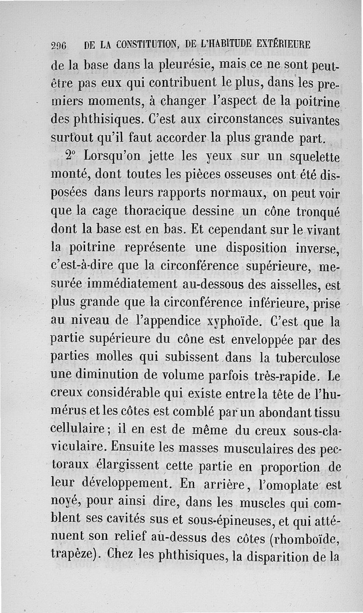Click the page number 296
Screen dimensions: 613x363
(59, 46)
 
